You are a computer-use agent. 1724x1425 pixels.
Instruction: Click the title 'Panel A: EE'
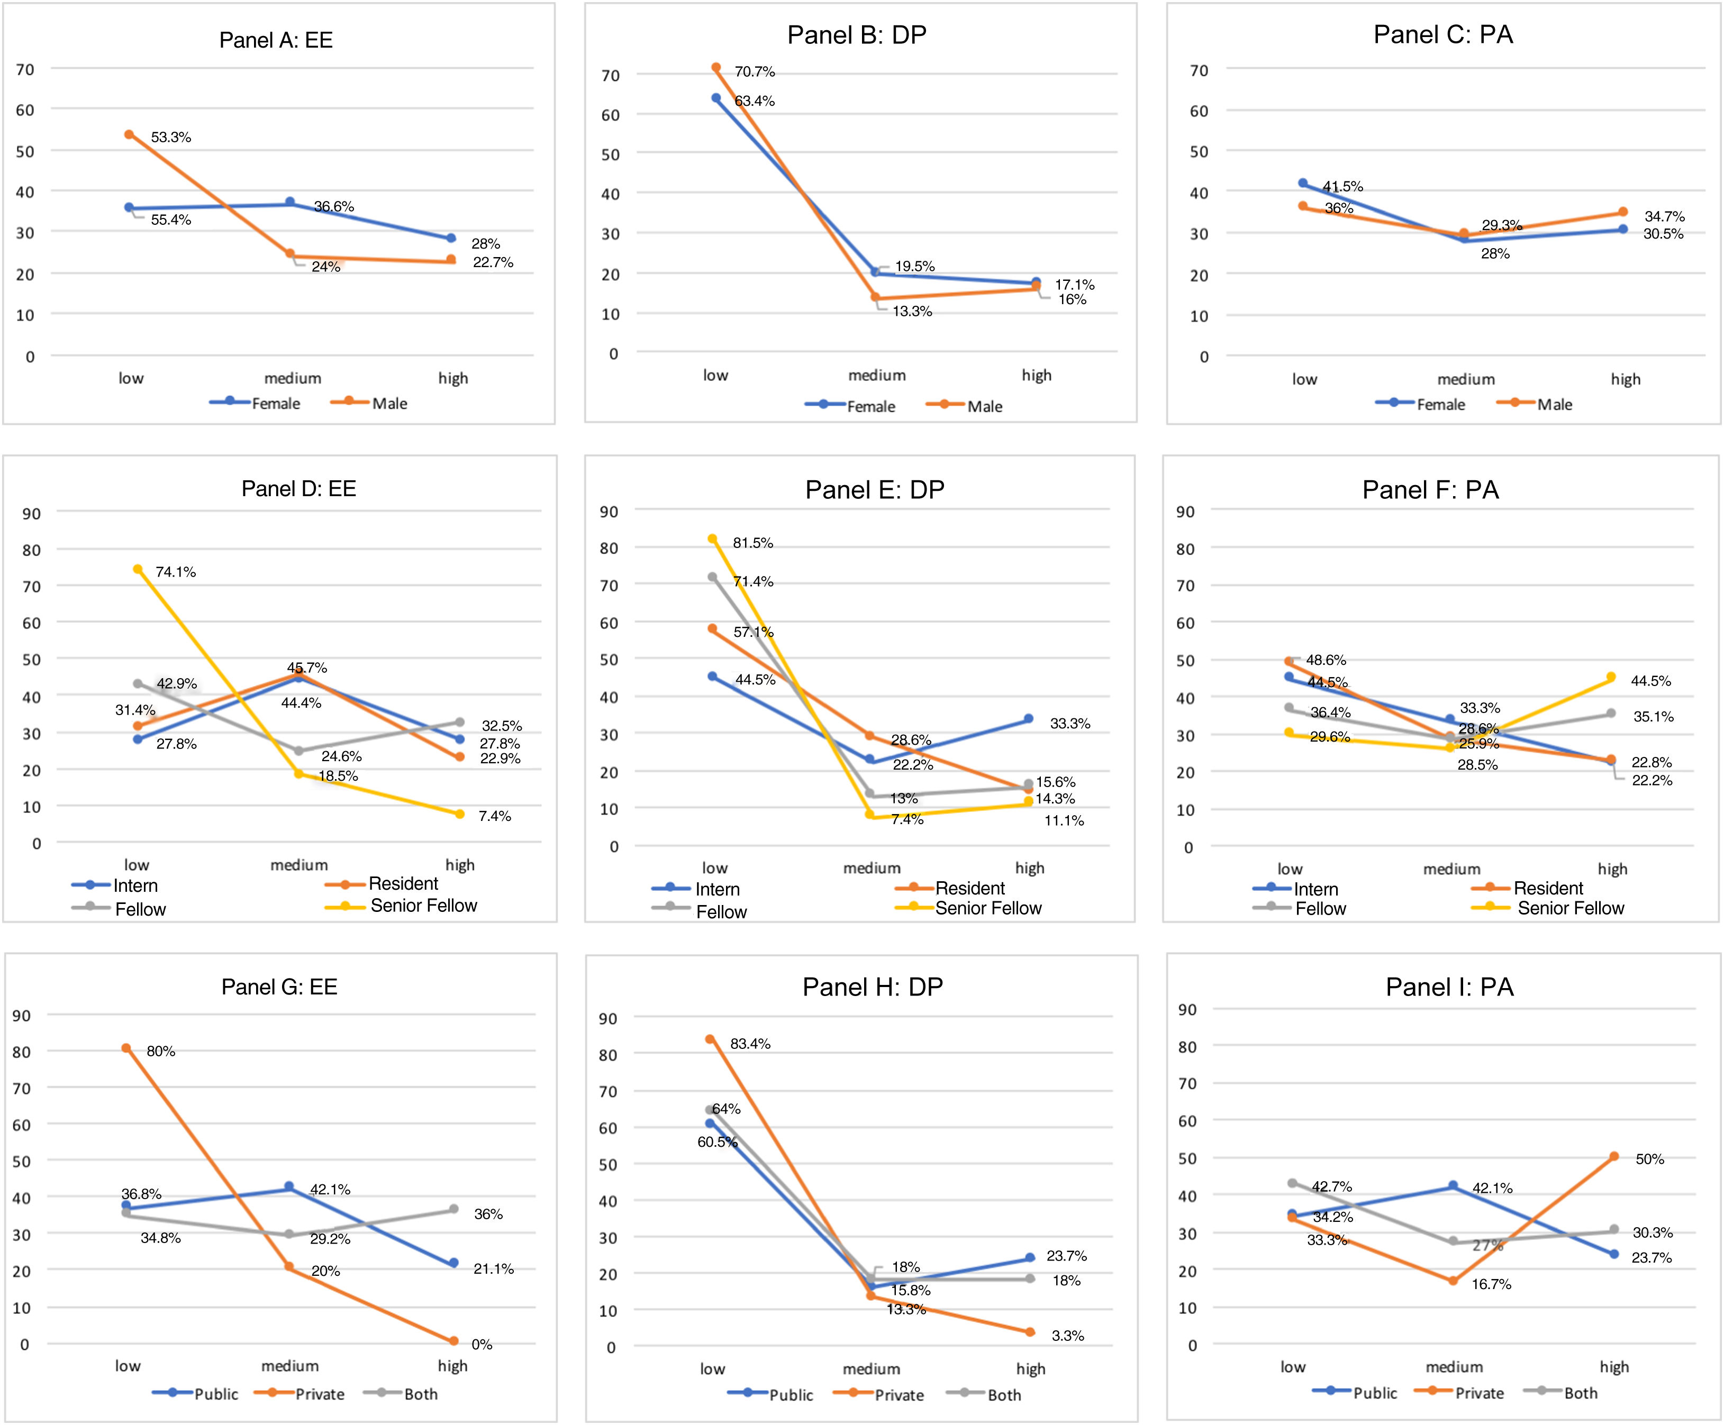276,40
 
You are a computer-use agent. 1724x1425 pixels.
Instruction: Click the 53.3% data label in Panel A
171,137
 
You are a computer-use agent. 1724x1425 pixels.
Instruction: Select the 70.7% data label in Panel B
755,71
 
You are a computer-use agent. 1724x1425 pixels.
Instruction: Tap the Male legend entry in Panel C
1554,405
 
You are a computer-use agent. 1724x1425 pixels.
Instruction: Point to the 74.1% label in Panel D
176,572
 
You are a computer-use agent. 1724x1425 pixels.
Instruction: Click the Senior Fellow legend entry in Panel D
423,906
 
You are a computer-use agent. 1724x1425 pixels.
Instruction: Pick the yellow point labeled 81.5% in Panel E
713,540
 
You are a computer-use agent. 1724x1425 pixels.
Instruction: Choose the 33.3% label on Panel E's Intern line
1070,723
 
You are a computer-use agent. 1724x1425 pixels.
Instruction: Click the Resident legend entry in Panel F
1547,888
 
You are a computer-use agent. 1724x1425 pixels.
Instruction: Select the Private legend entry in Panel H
899,1395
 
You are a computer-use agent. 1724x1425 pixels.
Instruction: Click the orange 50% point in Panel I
1614,1157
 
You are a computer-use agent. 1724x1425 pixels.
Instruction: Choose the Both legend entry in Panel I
1580,1393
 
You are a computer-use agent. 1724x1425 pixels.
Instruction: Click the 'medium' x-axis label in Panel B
877,375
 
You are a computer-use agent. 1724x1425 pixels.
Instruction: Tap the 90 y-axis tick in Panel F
1185,511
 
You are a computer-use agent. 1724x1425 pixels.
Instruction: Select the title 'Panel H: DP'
873,986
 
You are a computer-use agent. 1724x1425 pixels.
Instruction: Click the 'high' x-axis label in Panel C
1626,379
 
